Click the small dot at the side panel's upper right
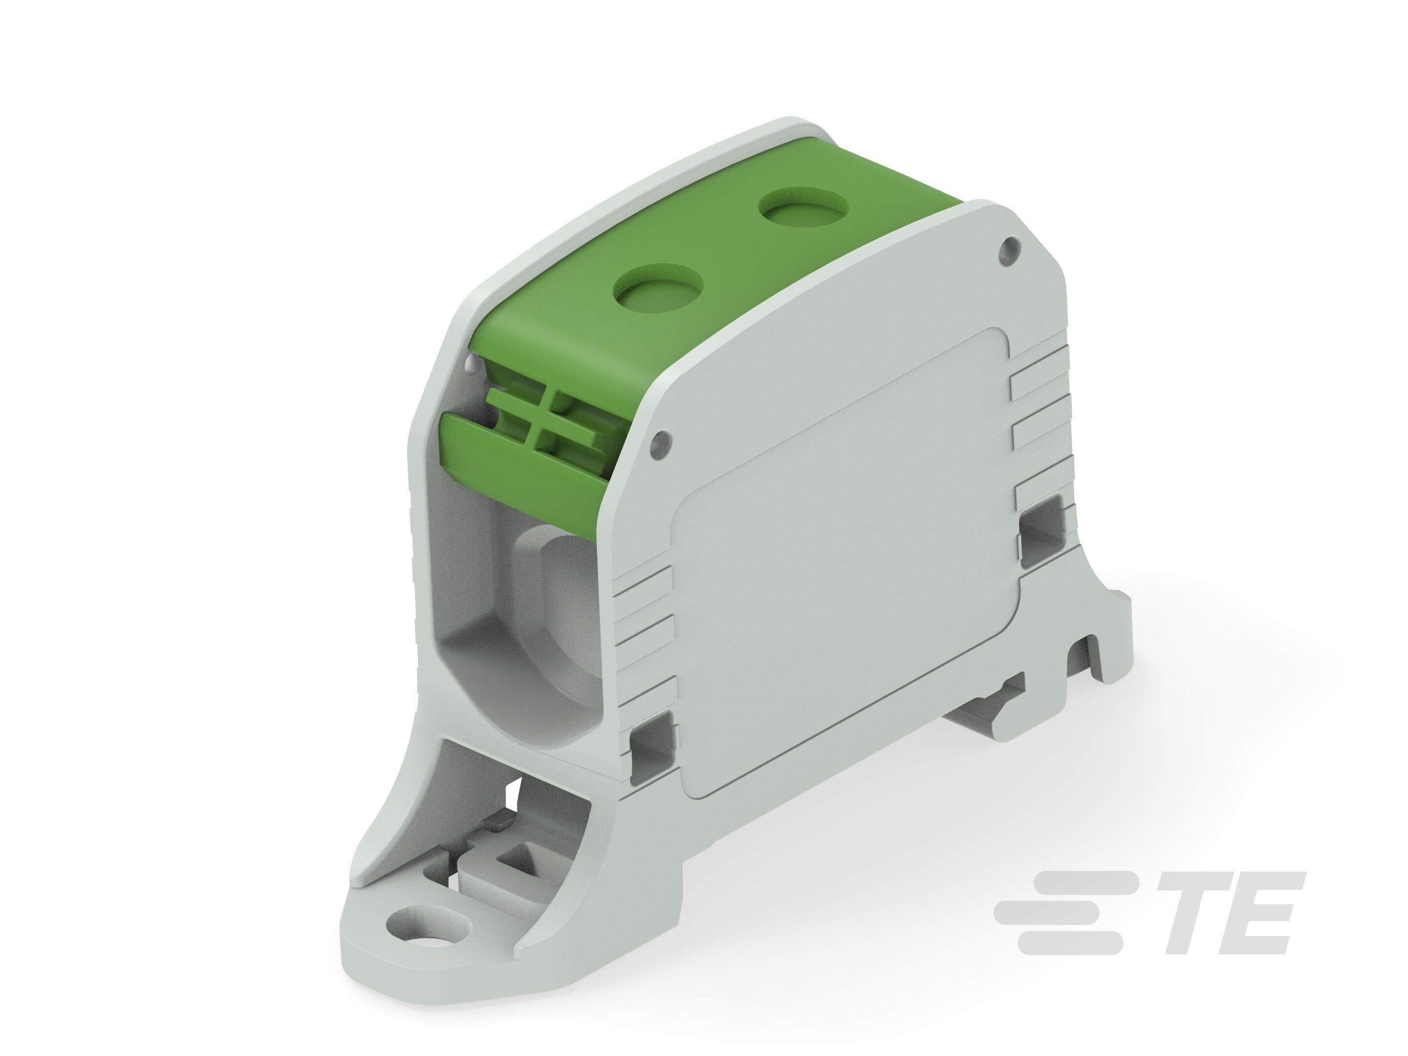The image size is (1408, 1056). pyautogui.click(x=1010, y=244)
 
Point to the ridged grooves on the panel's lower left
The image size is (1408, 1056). pyautogui.click(x=643, y=611)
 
